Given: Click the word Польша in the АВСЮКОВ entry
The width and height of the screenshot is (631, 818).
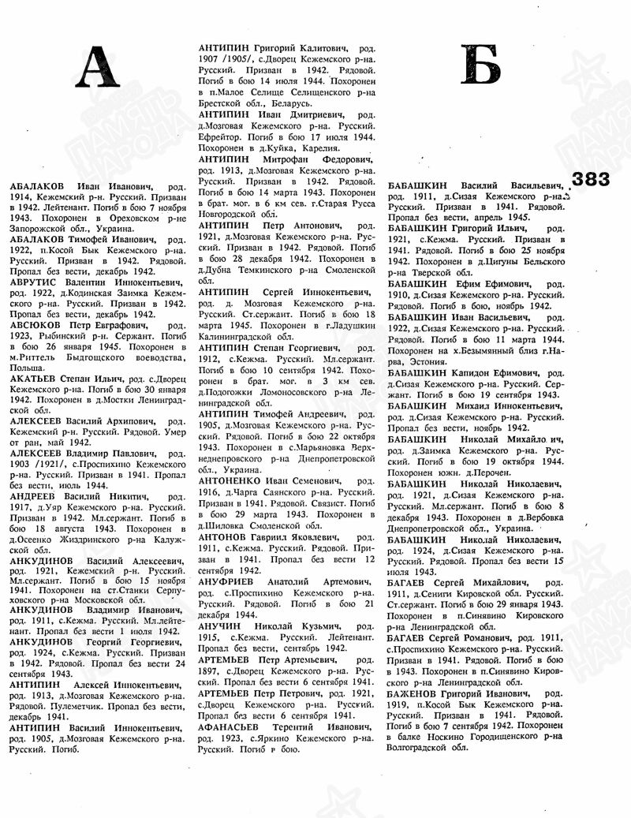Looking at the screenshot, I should point(24,367).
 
